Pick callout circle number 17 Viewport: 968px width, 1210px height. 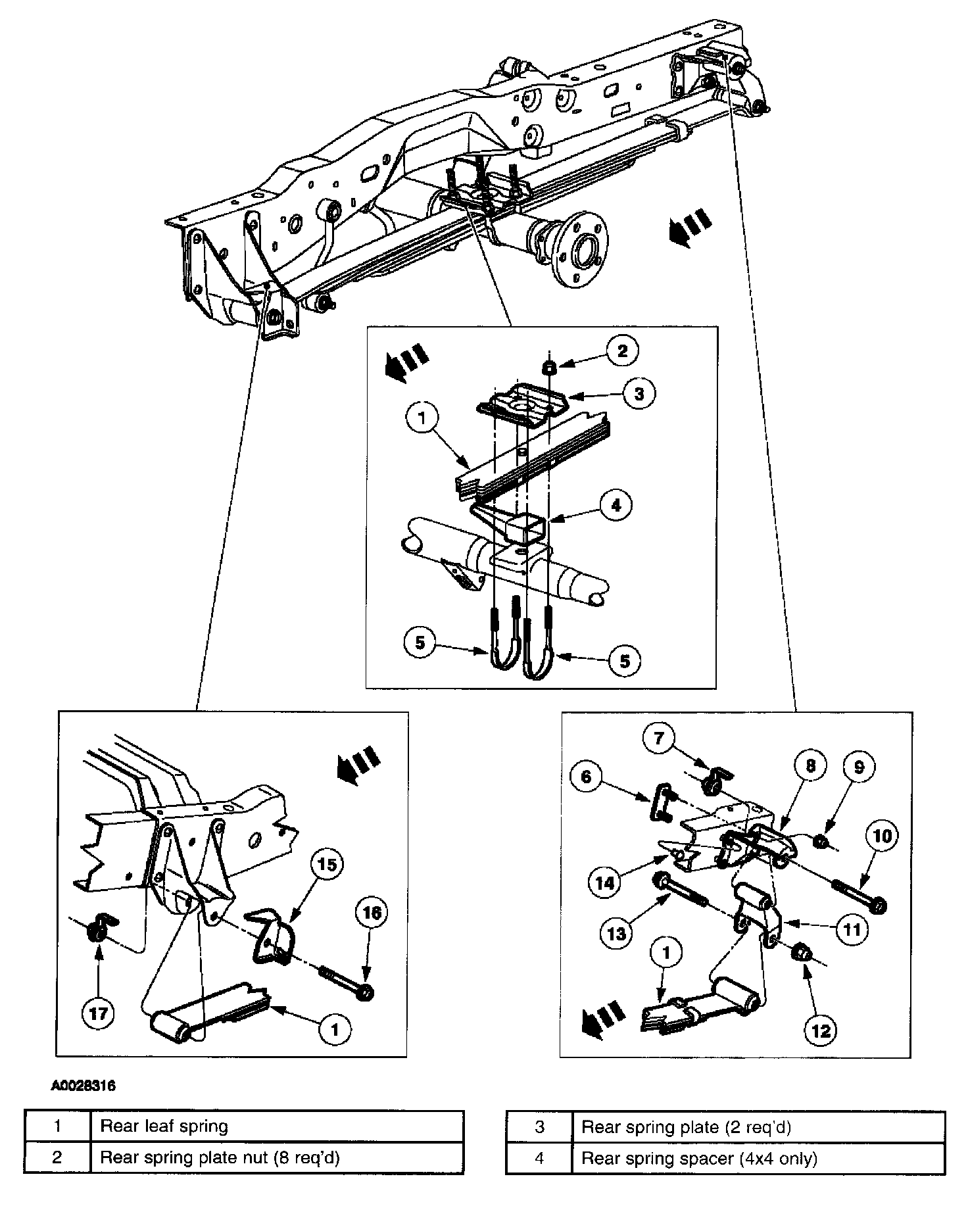coord(98,1014)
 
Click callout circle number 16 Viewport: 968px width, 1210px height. coord(372,913)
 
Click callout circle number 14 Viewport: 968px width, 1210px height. coord(605,883)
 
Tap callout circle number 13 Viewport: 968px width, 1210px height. coord(617,932)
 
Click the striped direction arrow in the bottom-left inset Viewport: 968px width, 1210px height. coord(356,763)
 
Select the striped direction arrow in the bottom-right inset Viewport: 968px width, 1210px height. coord(602,1019)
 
